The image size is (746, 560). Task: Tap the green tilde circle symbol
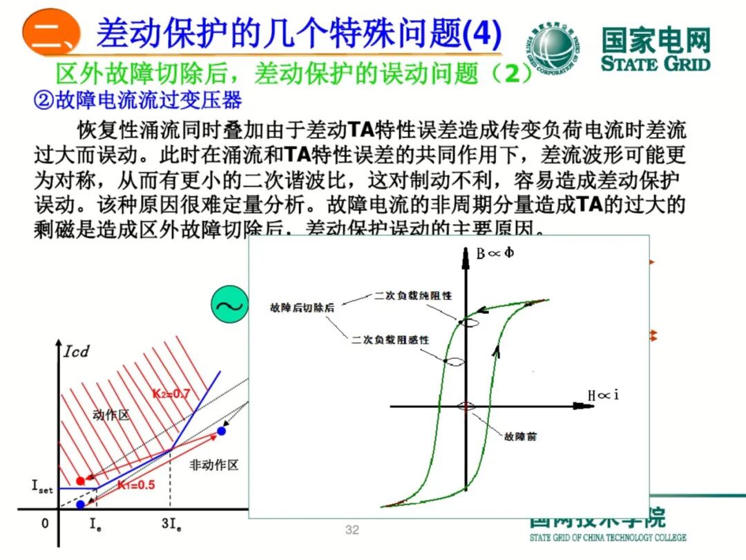click(229, 306)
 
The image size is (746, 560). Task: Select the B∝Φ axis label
click(495, 252)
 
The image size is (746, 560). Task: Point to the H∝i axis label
click(603, 395)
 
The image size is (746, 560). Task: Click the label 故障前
click(521, 436)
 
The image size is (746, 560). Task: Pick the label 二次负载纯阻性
click(413, 295)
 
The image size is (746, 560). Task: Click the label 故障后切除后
click(302, 307)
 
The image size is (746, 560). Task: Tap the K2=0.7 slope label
click(171, 394)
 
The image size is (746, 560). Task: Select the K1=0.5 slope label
click(135, 485)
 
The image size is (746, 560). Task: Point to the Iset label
click(41, 486)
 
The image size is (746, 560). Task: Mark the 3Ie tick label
click(171, 524)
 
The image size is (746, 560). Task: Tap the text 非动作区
click(214, 465)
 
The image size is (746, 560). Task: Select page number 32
click(352, 530)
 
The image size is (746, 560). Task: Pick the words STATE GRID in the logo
click(655, 64)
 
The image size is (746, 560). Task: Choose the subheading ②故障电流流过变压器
click(138, 101)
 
